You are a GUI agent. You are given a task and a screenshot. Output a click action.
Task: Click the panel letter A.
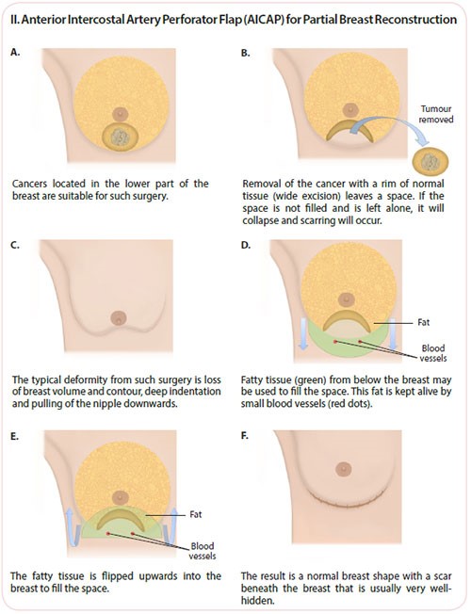[15, 52]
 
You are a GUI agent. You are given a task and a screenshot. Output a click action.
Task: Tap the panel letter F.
[245, 435]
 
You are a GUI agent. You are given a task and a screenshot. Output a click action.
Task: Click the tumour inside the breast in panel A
[121, 137]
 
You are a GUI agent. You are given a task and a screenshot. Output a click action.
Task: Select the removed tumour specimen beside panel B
[430, 162]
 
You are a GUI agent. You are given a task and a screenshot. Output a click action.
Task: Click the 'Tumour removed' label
[436, 114]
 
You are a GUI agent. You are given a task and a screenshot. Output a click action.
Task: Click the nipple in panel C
[119, 318]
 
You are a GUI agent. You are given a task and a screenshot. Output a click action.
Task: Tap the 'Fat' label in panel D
[424, 322]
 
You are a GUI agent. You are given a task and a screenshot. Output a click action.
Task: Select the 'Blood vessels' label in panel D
[433, 353]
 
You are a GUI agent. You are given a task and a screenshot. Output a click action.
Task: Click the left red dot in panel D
[335, 342]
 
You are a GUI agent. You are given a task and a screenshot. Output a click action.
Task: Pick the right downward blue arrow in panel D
[393, 333]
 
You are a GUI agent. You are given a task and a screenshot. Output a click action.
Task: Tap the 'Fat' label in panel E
[196, 514]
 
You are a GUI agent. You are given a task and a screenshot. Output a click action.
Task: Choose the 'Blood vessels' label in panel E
[203, 551]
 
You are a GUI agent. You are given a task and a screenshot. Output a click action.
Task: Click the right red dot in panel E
[133, 534]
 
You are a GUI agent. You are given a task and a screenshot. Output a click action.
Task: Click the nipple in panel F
[344, 468]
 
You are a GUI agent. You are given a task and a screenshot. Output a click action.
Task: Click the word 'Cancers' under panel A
[30, 184]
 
